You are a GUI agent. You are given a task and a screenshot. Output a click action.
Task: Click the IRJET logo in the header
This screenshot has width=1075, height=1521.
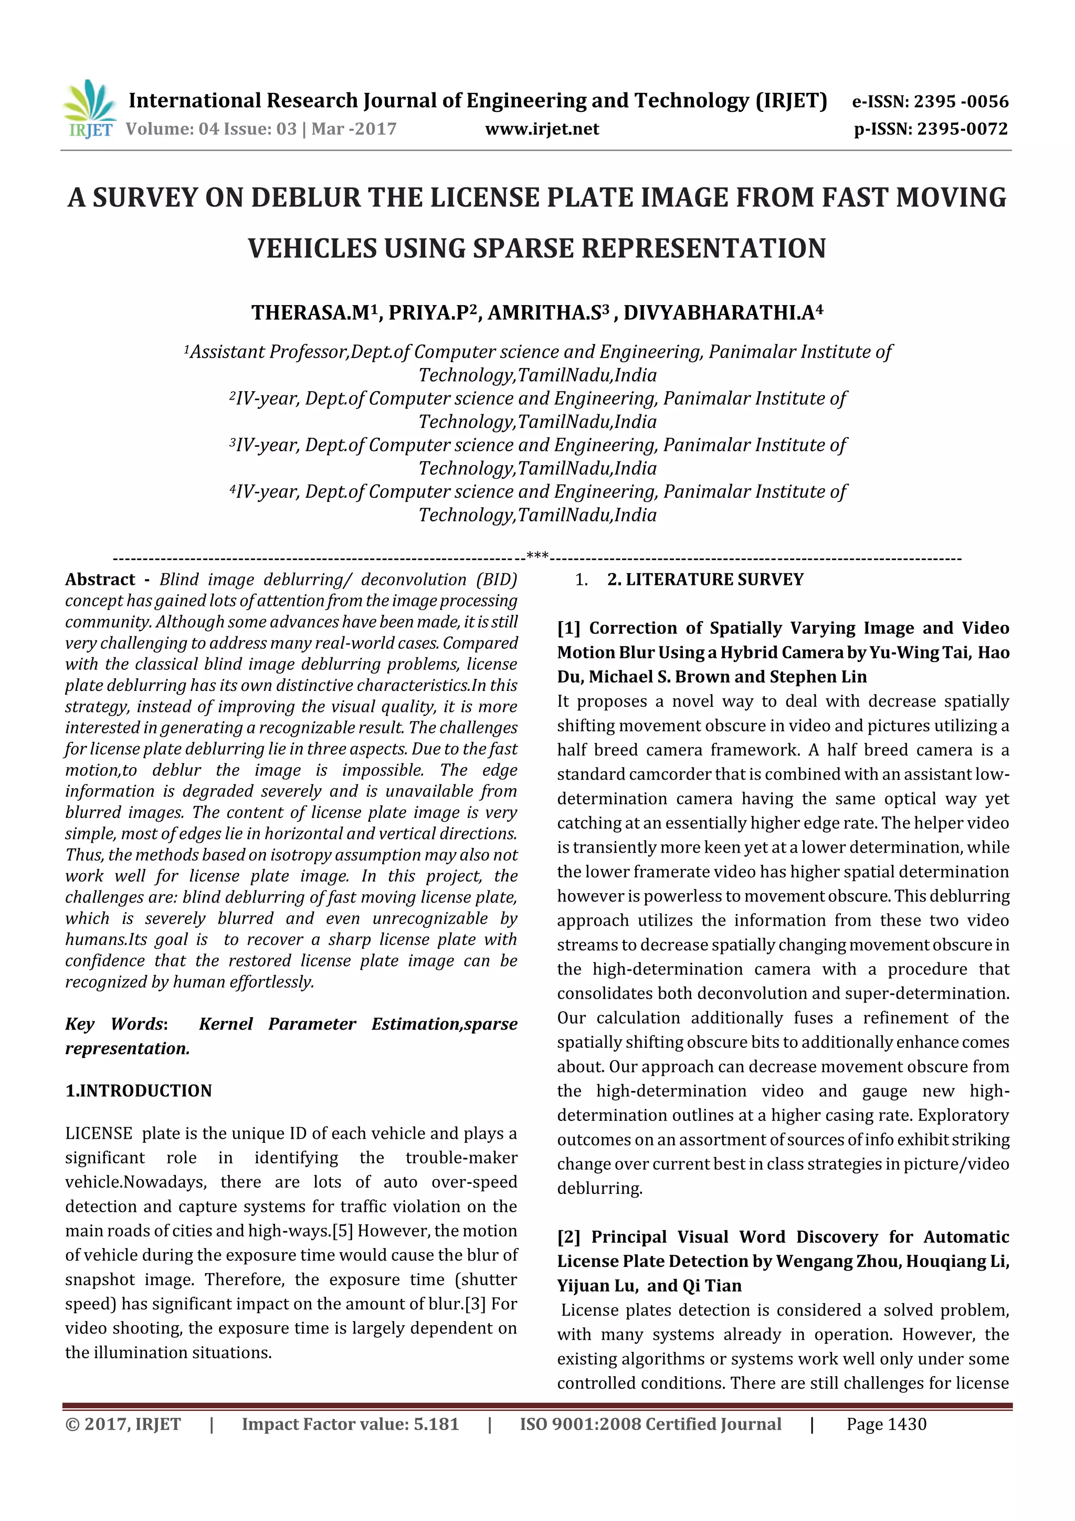[x=89, y=109]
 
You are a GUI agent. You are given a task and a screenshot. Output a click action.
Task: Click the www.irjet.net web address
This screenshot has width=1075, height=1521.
[x=541, y=129]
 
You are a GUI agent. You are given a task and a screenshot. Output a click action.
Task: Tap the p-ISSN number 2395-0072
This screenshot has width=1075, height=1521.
[x=962, y=129]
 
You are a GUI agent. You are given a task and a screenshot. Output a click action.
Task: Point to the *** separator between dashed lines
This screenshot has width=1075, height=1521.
[x=536, y=555]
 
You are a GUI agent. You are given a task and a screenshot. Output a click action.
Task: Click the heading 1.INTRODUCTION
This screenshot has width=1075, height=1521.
[x=139, y=1091]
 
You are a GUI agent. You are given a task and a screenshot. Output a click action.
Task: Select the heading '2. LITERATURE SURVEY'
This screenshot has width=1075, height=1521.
[x=705, y=580]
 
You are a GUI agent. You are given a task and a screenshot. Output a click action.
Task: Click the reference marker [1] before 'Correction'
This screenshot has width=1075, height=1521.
[x=568, y=628]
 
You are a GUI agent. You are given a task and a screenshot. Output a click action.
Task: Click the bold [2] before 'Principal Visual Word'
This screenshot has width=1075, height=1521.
[x=568, y=1237]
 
